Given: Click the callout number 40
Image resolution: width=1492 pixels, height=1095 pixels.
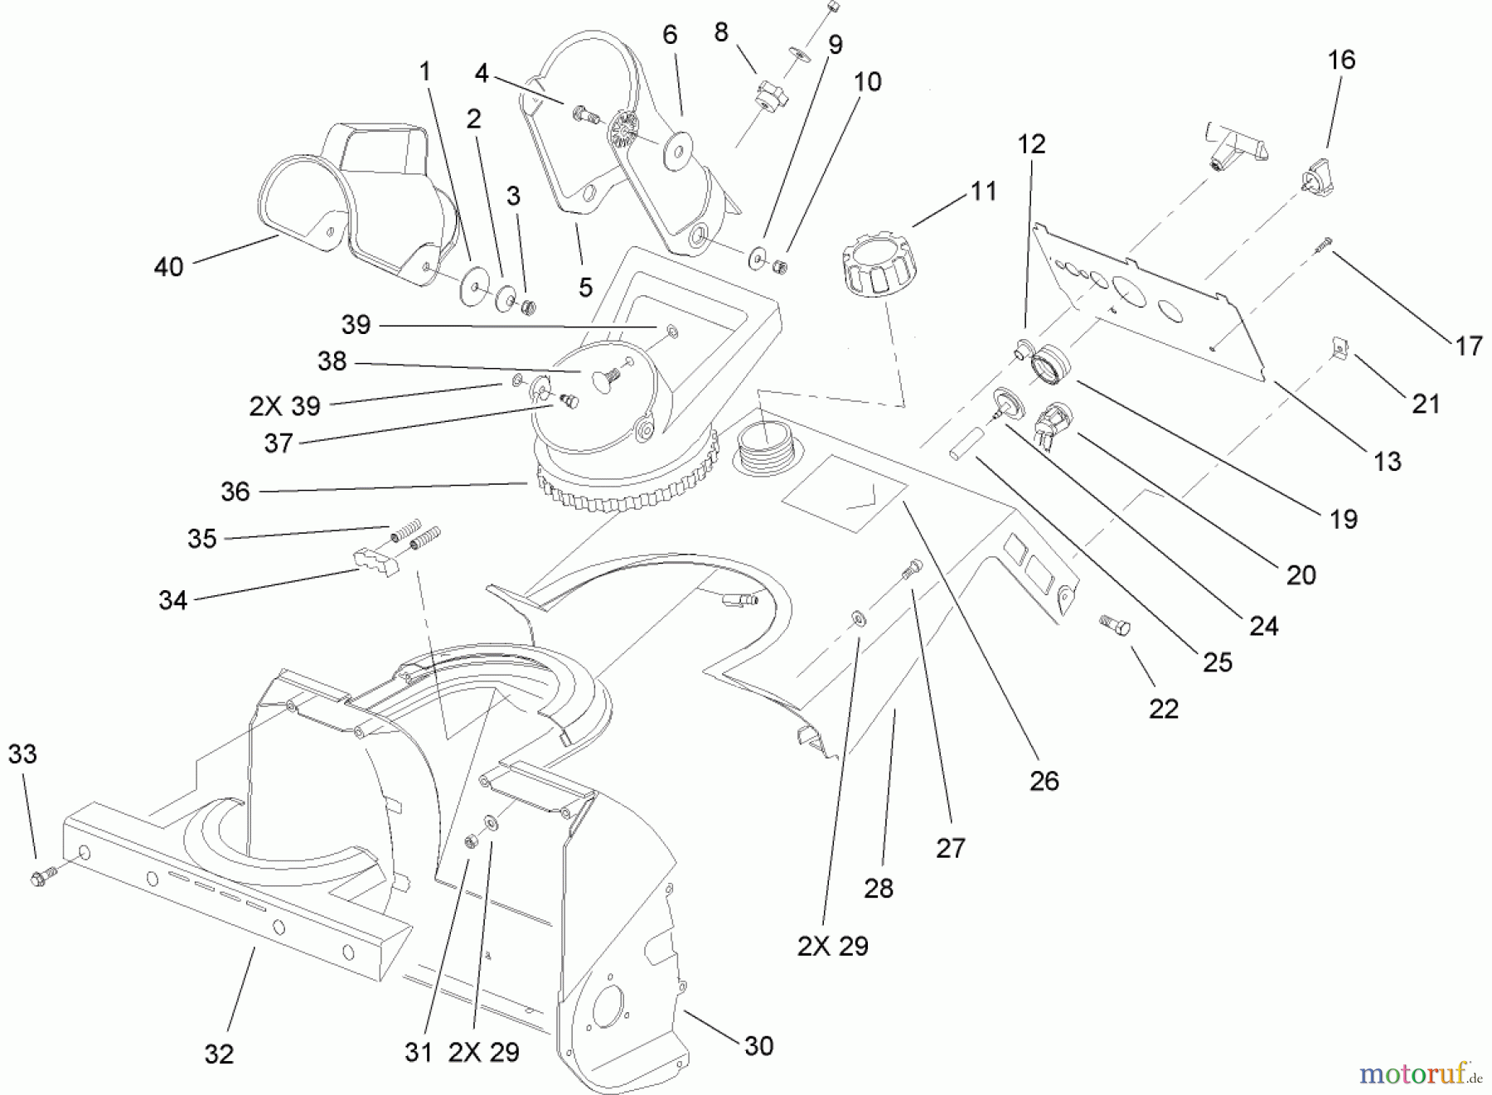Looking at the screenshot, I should pyautogui.click(x=169, y=267).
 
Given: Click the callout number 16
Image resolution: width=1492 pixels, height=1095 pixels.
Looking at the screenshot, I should pyautogui.click(x=1341, y=60).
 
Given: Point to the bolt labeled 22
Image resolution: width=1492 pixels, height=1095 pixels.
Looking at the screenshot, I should pyautogui.click(x=1112, y=624).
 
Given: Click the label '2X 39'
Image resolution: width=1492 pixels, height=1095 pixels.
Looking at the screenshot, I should pyautogui.click(x=285, y=406).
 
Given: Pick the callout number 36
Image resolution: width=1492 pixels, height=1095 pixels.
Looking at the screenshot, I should pyautogui.click(x=235, y=492).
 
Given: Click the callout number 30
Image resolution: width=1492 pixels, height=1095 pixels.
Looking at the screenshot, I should pyautogui.click(x=758, y=1046).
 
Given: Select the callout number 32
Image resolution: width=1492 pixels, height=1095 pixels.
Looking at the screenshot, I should pyautogui.click(x=219, y=1054).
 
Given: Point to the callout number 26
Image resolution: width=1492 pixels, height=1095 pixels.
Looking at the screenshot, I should pyautogui.click(x=1044, y=780).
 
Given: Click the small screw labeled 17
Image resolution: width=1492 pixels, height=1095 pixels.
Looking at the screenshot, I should pyautogui.click(x=1322, y=243).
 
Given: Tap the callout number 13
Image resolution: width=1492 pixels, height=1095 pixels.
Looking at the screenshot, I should pyautogui.click(x=1387, y=461).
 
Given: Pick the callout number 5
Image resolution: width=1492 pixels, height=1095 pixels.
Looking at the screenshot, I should pyautogui.click(x=585, y=287).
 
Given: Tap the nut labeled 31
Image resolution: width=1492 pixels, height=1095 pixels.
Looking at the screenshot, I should pyautogui.click(x=468, y=841).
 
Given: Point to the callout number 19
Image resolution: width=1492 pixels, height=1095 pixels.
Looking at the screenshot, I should pyautogui.click(x=1343, y=520).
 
